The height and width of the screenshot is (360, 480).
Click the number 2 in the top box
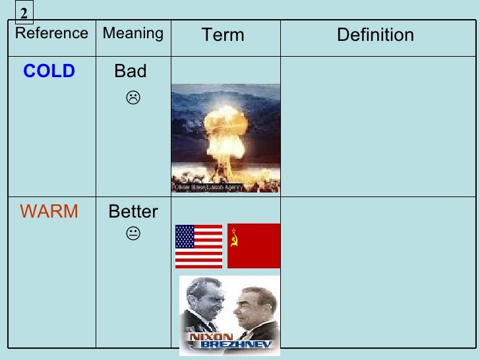pyautogui.click(x=24, y=13)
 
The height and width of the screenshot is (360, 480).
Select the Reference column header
pyautogui.click(x=51, y=34)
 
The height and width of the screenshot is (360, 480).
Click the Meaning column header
pyautogui.click(x=133, y=34)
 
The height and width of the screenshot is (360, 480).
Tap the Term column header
pyautogui.click(x=223, y=35)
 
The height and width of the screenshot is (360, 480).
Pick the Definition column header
pyautogui.click(x=375, y=35)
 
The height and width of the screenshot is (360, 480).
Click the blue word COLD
pyautogui.click(x=49, y=72)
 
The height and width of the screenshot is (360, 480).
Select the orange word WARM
pyautogui.click(x=49, y=212)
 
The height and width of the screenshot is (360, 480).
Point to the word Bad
pyautogui.click(x=131, y=71)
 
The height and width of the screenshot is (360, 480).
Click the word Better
pyautogui.click(x=133, y=212)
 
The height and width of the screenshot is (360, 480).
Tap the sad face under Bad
pyautogui.click(x=133, y=99)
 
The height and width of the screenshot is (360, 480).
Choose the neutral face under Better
pyautogui.click(x=133, y=233)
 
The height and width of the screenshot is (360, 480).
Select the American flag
pyautogui.click(x=198, y=246)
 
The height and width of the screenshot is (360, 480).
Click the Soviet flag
pyautogui.click(x=254, y=246)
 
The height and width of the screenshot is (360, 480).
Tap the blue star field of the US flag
pyautogui.click(x=185, y=236)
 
